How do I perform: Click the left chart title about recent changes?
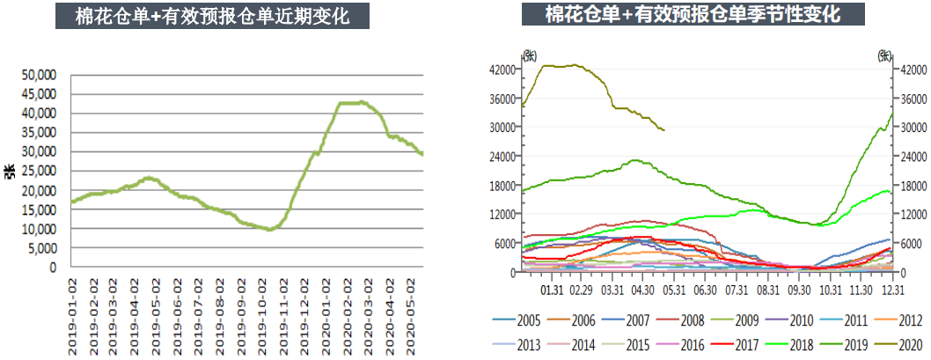point(212,16)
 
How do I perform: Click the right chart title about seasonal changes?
point(693,14)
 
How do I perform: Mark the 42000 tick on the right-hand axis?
point(912,69)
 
